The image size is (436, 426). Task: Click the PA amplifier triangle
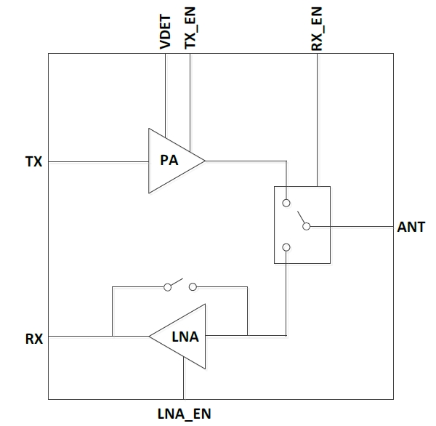coord(171,161)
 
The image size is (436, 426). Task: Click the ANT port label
coord(411,228)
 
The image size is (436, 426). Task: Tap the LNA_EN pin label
coord(185,414)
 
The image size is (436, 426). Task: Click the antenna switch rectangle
coord(302,225)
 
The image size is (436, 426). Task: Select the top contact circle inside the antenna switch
coord(287,202)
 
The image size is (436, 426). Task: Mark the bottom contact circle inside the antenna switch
coord(287,247)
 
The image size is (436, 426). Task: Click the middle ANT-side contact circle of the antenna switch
coord(306,227)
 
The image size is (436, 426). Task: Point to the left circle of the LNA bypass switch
coord(168,287)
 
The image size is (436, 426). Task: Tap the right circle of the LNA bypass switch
coord(193,287)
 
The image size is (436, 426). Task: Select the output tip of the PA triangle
coord(205,161)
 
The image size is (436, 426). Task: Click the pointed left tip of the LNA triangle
coord(150,336)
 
